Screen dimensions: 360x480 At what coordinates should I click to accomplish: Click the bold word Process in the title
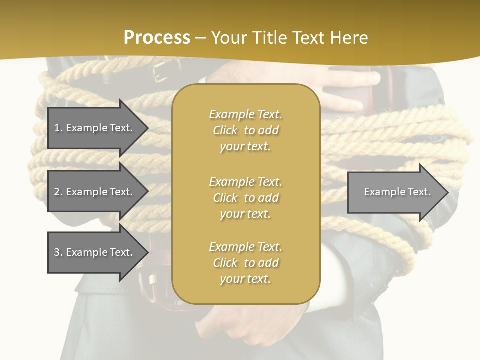click(157, 37)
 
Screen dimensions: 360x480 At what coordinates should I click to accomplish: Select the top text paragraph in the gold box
click(245, 130)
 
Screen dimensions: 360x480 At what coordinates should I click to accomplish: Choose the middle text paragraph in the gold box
click(245, 197)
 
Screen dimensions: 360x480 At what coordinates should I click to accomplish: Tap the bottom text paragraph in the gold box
click(245, 263)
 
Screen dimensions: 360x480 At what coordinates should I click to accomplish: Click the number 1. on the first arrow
click(58, 128)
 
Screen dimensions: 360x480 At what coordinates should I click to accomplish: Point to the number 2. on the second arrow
click(58, 192)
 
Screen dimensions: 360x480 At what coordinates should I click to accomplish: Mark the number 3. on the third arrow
click(58, 252)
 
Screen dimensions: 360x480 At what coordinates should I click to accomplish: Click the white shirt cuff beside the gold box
click(332, 280)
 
